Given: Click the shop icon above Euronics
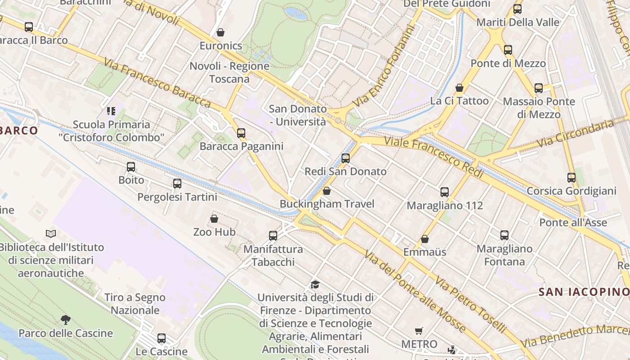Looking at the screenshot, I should (220, 32).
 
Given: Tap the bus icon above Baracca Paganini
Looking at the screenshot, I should (241, 133).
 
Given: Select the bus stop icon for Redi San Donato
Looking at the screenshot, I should (346, 158).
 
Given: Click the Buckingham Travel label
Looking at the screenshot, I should (327, 204).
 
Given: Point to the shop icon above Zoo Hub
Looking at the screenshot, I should (214, 219).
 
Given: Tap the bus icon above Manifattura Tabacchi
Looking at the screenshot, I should (273, 235).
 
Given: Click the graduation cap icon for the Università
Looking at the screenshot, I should (315, 284).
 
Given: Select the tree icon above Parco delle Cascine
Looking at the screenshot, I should (66, 320).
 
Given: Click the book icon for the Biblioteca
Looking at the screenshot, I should (51, 234).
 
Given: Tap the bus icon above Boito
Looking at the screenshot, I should (131, 167).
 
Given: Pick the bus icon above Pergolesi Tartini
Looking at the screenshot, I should (177, 184).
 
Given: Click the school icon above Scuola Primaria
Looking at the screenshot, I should (111, 111).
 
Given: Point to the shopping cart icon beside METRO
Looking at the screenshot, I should (419, 331).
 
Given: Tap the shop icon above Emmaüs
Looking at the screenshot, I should (425, 238).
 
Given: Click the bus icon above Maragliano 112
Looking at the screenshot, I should (445, 192).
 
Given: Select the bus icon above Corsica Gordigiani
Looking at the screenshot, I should (571, 177).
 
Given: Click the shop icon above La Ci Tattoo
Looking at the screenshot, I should (459, 87).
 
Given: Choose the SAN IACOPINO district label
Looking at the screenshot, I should (583, 292).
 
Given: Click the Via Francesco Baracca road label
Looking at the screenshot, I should (157, 83).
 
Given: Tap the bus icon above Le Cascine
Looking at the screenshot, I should (162, 338).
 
